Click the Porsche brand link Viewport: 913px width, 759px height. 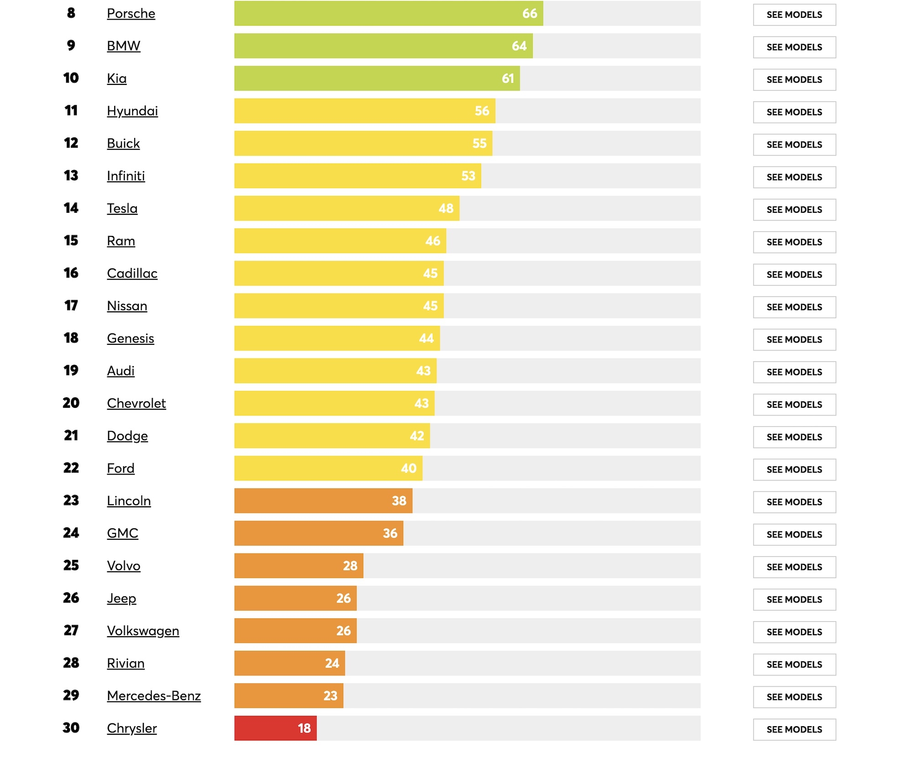(131, 14)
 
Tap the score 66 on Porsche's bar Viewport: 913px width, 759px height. (530, 14)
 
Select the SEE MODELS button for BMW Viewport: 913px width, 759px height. (794, 47)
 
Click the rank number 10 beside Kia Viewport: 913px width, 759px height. (71, 78)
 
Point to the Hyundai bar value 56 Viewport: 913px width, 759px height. (482, 111)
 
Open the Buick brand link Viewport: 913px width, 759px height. (123, 143)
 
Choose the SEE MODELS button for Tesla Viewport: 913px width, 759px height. (794, 210)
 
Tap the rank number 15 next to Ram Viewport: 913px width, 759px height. (71, 241)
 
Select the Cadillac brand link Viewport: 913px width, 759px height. (132, 274)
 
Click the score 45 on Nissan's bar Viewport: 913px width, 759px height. (430, 306)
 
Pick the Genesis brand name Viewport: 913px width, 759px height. (131, 338)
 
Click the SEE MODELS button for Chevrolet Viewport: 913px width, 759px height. (794, 405)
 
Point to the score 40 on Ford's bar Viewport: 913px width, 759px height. (409, 469)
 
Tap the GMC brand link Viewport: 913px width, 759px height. (122, 533)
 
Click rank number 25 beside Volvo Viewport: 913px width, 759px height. (71, 565)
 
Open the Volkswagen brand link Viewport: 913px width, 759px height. (143, 631)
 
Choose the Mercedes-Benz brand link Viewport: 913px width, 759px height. (154, 696)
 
